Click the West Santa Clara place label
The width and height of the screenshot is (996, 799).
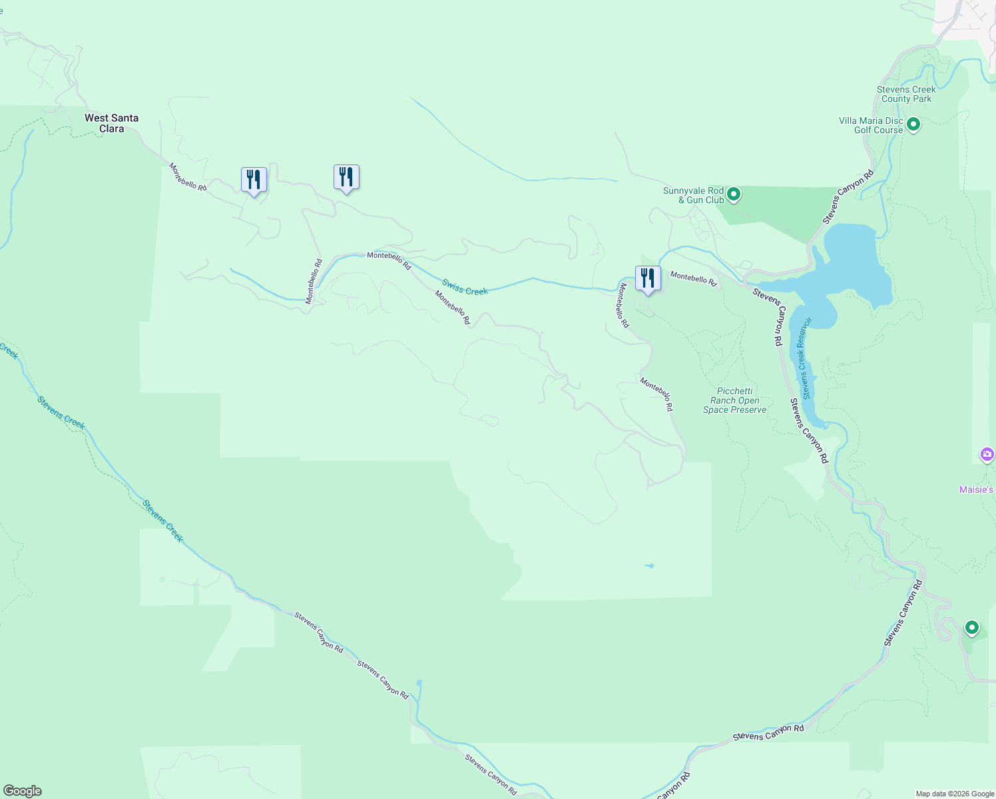point(111,123)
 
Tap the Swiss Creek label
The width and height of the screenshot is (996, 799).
point(465,287)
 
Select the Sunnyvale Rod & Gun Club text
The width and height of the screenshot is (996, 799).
point(693,195)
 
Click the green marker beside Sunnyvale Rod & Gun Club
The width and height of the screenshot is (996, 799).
point(734,194)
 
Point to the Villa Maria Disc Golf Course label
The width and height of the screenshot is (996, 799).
point(871,125)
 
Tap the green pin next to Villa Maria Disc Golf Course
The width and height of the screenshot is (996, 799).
point(913,125)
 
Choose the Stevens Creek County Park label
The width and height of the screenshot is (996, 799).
point(906,94)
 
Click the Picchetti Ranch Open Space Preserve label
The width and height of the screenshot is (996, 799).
point(734,400)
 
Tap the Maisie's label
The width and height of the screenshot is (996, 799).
point(976,490)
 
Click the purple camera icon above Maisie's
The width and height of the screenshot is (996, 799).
point(987,455)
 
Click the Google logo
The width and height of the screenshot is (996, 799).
point(23,791)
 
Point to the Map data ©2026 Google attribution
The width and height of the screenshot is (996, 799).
point(955,794)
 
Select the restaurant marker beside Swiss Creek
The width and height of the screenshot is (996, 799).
point(648,278)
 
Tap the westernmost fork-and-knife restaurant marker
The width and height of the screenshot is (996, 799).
point(254,180)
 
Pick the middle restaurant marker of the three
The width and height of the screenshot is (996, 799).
point(346,177)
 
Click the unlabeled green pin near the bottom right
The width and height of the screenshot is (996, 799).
point(971,627)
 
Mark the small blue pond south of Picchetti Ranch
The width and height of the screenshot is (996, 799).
point(649,566)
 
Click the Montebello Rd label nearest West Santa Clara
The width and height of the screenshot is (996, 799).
point(188,177)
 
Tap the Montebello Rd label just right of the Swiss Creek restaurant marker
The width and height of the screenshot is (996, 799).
point(693,278)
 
